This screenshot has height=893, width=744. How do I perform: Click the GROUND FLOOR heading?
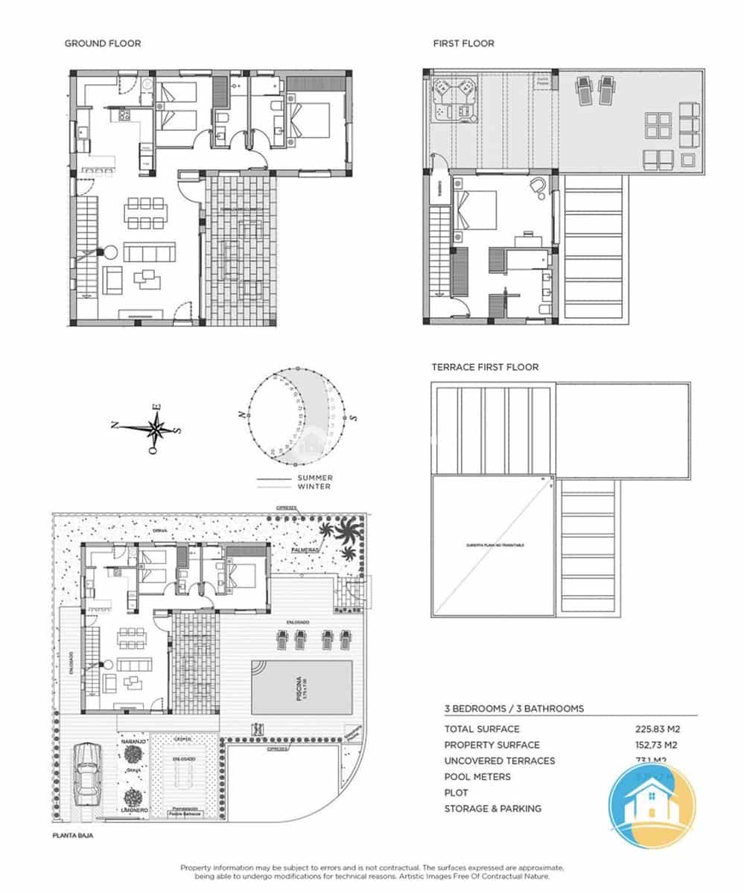[102, 44]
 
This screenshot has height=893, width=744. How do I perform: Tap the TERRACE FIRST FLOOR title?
[485, 367]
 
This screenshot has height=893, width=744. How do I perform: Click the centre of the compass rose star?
[156, 428]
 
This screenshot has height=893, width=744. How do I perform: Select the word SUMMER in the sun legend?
[314, 478]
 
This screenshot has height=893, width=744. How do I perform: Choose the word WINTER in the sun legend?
[314, 487]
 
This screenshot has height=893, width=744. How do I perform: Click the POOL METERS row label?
[477, 777]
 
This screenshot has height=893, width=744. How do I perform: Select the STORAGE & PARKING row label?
[492, 809]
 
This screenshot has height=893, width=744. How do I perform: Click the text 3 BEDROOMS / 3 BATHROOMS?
[514, 708]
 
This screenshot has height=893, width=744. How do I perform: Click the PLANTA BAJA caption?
[72, 836]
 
